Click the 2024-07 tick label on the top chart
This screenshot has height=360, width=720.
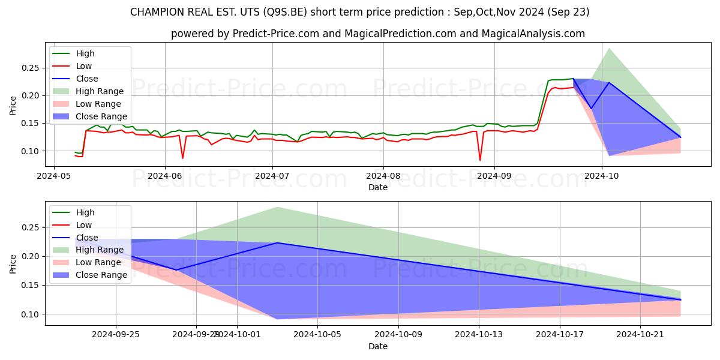tap(272, 175)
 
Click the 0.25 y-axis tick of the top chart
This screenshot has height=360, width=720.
tap(29, 68)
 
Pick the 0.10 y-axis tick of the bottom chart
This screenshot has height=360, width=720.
tap(29, 314)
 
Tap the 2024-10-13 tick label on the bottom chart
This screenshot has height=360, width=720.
tap(479, 334)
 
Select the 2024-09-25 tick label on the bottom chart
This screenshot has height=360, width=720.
tap(116, 334)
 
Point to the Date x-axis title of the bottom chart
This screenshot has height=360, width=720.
tap(378, 346)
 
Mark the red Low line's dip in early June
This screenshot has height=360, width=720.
tap(183, 158)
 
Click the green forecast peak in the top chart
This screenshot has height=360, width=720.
tap(609, 48)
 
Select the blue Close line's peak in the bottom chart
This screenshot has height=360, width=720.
tap(277, 243)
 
